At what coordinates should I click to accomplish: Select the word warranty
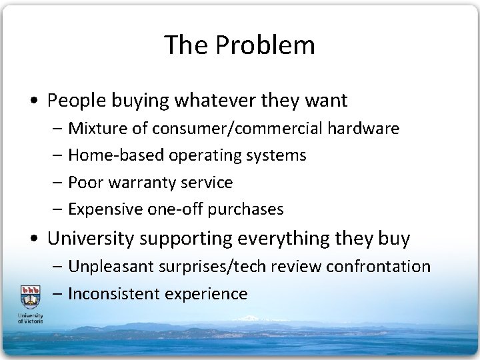(137, 183)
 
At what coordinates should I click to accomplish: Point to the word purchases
(246, 209)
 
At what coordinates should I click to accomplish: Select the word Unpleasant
(111, 267)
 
